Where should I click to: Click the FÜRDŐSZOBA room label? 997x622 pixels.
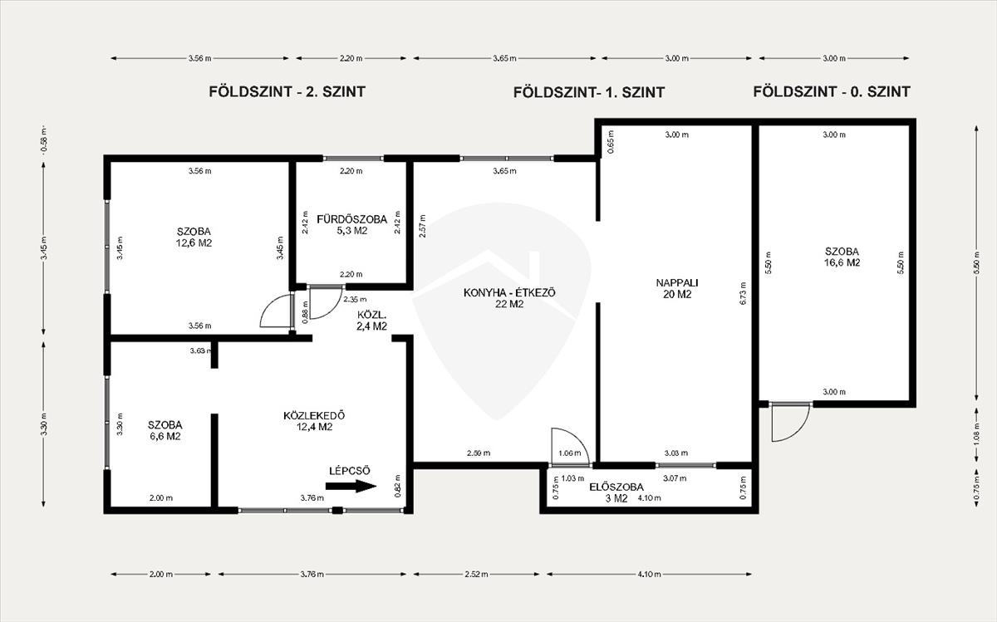tap(351, 219)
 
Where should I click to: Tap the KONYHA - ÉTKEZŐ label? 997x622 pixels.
tap(509, 293)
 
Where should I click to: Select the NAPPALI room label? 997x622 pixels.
tap(677, 282)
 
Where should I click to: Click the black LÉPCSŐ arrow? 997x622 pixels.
tap(351, 486)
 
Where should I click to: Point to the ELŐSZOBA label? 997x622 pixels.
tap(616, 487)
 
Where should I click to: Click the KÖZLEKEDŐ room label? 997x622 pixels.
tap(314, 415)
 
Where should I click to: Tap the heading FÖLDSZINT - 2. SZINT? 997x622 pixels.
tap(287, 91)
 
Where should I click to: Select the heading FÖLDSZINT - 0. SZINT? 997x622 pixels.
tap(832, 91)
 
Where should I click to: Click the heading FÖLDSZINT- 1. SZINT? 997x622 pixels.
tap(589, 92)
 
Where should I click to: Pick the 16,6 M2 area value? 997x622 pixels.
tap(842, 262)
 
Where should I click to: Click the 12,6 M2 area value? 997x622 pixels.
tap(194, 243)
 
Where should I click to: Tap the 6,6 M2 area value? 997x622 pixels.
tap(165, 436)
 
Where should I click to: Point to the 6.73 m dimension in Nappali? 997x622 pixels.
tap(742, 293)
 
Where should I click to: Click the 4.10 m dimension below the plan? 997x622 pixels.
tap(649, 574)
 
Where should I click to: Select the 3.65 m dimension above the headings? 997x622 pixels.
tap(505, 58)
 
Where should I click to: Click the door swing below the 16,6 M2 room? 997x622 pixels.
tap(790, 423)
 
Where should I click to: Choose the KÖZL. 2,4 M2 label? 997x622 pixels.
tap(371, 321)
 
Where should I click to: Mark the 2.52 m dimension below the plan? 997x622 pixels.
tap(476, 574)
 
